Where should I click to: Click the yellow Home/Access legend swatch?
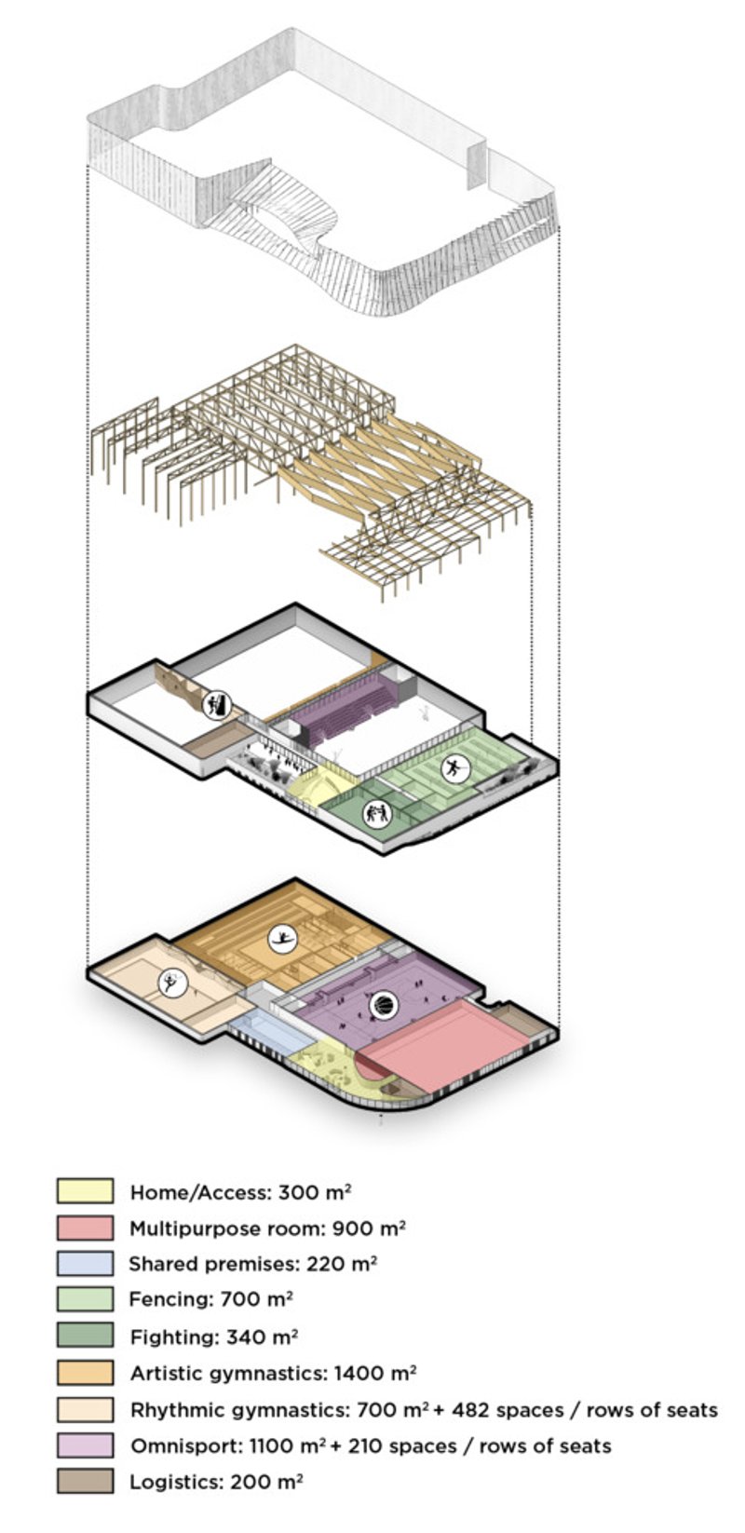point(85,1191)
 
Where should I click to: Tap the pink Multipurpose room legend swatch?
point(85,1228)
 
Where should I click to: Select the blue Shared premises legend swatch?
point(85,1263)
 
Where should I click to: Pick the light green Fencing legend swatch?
point(85,1299)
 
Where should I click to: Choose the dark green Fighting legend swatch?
point(85,1336)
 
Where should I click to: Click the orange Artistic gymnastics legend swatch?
point(85,1372)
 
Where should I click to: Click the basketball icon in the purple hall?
point(383,1005)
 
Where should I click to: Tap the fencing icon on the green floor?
point(455,768)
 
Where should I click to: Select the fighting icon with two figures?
point(376,814)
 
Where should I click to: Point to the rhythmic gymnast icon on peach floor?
point(172,983)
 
